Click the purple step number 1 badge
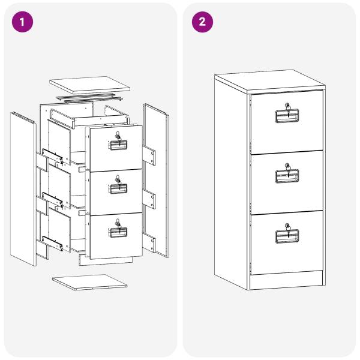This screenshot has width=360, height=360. (22, 22)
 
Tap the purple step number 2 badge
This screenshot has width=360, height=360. (202, 22)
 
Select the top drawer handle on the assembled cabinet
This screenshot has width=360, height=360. (287, 116)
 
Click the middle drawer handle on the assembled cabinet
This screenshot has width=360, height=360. (287, 176)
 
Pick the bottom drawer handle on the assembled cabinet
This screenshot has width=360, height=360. (287, 236)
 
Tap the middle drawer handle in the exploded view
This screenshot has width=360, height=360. (118, 189)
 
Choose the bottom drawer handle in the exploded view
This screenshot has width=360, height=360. (118, 232)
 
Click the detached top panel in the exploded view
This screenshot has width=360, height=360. (89, 85)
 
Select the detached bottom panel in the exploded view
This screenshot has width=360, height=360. (89, 282)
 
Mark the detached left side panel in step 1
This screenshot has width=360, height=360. (23, 189)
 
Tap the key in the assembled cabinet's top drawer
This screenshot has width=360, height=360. (287, 110)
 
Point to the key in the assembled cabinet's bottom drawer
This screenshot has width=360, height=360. (287, 230)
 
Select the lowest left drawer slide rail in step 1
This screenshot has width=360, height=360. (52, 243)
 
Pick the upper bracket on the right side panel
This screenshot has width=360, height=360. (149, 155)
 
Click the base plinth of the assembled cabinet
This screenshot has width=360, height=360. (287, 280)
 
